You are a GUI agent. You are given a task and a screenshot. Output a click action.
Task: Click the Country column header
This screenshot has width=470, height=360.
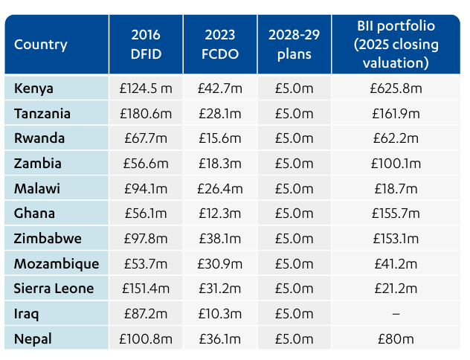(x=40, y=45)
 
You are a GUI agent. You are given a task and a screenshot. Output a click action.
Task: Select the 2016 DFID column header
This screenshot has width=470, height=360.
(x=146, y=45)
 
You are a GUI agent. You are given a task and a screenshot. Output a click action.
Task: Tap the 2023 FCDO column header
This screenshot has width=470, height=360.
(x=220, y=45)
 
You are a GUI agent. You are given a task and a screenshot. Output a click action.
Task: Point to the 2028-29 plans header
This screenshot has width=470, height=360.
(x=294, y=45)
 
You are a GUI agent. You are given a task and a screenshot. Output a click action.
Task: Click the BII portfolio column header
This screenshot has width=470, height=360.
(x=396, y=45)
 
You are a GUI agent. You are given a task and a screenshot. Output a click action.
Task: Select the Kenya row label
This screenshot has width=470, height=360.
(x=33, y=89)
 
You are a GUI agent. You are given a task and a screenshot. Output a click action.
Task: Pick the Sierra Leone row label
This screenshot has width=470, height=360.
(x=54, y=289)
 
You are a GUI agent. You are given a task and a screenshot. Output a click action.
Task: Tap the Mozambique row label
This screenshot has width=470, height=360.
(x=57, y=264)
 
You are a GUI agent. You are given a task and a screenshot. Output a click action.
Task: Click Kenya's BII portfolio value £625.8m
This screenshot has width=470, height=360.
(x=396, y=89)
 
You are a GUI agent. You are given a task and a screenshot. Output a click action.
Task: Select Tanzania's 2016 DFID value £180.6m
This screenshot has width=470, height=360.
(x=146, y=114)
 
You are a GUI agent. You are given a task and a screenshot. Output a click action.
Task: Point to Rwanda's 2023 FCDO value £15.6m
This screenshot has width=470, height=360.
(x=220, y=138)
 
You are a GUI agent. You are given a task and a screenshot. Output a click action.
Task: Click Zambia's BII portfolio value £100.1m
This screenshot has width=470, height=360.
(x=396, y=164)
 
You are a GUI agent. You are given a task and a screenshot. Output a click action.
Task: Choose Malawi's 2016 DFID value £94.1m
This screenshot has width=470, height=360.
(x=146, y=189)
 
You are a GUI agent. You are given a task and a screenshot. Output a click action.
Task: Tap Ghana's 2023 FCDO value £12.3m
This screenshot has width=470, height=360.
(x=220, y=213)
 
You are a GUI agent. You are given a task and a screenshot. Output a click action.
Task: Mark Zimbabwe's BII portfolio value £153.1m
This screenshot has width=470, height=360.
(x=396, y=239)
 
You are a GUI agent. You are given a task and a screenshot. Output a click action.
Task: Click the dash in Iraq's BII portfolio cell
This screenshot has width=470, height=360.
(x=396, y=314)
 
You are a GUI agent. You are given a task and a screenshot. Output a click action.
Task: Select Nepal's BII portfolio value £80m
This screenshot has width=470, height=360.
(x=396, y=339)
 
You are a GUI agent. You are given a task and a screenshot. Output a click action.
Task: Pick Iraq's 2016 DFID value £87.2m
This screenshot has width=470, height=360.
(x=146, y=314)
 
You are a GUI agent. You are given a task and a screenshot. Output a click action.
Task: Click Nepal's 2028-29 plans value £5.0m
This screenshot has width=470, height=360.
(x=294, y=339)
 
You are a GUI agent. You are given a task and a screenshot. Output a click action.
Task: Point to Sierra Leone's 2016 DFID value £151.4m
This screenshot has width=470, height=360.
(x=146, y=289)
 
